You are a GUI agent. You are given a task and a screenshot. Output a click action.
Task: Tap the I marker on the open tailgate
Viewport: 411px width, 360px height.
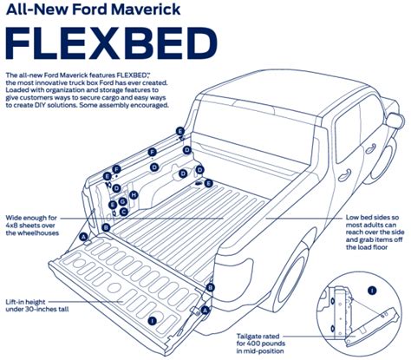point(153,321)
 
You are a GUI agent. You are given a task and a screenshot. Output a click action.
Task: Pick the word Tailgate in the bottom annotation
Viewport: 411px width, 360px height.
point(252,332)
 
